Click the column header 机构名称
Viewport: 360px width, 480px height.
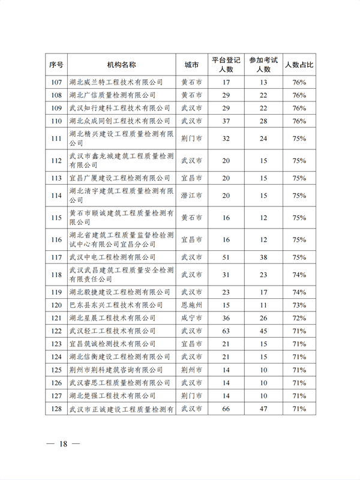coord(121,64)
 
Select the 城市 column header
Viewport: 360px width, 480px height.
coord(191,64)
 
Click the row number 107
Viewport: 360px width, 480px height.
coord(57,82)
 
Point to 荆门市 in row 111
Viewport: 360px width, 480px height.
coord(191,138)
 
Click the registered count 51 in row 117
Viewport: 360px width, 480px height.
coord(226,257)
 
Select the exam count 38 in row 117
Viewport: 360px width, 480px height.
coord(263,257)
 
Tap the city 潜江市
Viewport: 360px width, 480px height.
coord(191,196)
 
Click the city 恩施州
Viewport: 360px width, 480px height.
coord(191,305)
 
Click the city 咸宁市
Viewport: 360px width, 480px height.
coord(191,317)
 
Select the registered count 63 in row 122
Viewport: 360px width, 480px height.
coord(226,331)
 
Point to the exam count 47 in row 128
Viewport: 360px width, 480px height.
coord(263,409)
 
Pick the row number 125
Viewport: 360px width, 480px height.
coord(57,370)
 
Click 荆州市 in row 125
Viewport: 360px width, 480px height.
coord(191,370)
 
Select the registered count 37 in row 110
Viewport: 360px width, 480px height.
coord(226,121)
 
